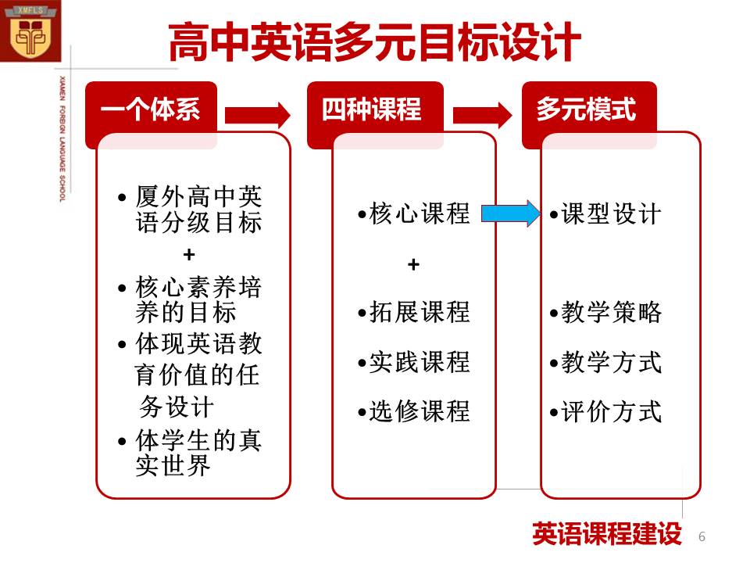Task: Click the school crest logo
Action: [x=30, y=31]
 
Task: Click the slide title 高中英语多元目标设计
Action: [x=374, y=42]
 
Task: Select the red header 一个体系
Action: [x=150, y=109]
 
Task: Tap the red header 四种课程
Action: [x=371, y=109]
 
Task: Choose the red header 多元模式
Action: [x=586, y=109]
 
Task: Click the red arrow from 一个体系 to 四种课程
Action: [x=257, y=116]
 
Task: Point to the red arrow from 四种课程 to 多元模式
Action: [x=482, y=116]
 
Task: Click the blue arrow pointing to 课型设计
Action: [x=511, y=213]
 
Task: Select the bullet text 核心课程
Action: [x=419, y=213]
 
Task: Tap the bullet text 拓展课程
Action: [x=419, y=312]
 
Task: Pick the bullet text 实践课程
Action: [x=419, y=362]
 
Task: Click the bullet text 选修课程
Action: [x=419, y=411]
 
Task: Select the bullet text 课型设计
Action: [x=611, y=213]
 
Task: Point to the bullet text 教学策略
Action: [x=611, y=312]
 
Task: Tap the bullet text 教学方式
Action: [x=611, y=362]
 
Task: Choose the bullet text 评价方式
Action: [x=611, y=411]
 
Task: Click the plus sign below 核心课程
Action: [x=414, y=264]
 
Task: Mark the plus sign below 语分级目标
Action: [x=189, y=254]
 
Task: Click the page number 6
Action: [x=702, y=536]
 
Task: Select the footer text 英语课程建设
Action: [x=607, y=534]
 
